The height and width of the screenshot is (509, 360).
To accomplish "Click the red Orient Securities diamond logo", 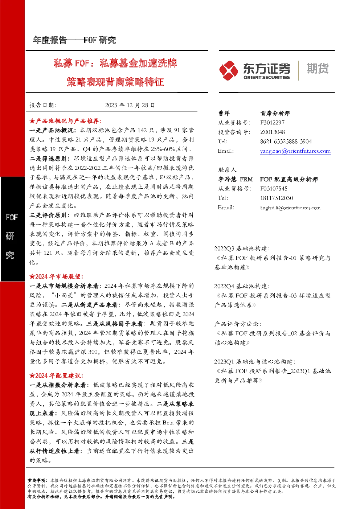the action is (x=229, y=70).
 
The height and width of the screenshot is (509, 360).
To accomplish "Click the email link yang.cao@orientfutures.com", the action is (x=295, y=151).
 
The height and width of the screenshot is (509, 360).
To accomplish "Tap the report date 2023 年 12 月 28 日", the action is (x=130, y=105).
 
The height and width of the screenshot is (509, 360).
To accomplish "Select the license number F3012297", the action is (x=272, y=123).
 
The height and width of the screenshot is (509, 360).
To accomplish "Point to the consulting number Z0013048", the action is (x=273, y=132).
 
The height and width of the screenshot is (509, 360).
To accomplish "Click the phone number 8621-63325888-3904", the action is (x=286, y=141).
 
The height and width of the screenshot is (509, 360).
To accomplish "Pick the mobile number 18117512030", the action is (x=277, y=198).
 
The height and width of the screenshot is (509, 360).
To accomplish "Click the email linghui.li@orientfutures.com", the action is (x=290, y=208).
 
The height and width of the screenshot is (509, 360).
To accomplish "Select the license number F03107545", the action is (x=274, y=189).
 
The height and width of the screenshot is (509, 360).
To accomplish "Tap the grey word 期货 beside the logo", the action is (x=318, y=69).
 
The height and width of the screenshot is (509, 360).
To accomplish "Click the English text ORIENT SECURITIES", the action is (x=267, y=78).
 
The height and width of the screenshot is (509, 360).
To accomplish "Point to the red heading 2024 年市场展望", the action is (x=60, y=276).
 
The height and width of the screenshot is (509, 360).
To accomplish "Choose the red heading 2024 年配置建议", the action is (x=60, y=375).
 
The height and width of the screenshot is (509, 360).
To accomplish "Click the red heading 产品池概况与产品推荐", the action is (x=69, y=121).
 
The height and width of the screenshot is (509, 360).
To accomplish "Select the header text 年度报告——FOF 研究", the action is (x=74, y=40).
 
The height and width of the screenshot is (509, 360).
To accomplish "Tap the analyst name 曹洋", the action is (x=224, y=113).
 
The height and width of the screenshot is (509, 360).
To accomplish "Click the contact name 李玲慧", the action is (x=227, y=179).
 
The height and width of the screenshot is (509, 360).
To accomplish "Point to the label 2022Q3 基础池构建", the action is (x=242, y=249).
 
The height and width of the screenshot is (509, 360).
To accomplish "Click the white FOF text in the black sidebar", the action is (x=12, y=217).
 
